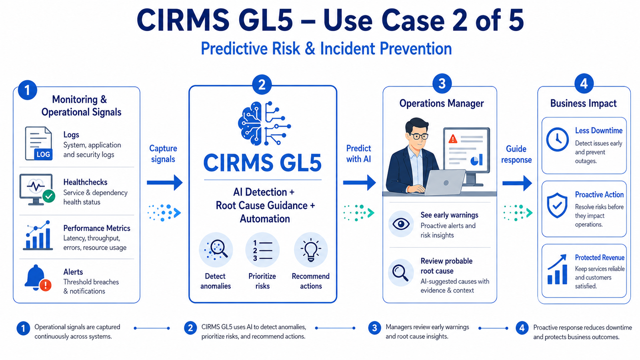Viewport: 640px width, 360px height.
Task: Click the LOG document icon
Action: [x=39, y=143]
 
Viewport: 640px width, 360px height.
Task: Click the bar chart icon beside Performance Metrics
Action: [x=38, y=235]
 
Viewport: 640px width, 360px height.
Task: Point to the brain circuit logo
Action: [x=264, y=124]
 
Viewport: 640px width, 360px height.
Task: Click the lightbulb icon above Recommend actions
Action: [x=310, y=250]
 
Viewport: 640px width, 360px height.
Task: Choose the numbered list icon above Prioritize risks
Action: [x=262, y=250]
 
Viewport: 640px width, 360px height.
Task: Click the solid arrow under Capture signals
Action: [x=165, y=182]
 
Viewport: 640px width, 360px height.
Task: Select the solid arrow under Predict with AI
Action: [x=360, y=182]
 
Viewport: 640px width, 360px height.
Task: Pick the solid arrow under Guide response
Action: [x=517, y=183]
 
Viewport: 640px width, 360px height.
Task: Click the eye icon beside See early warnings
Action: [x=401, y=224]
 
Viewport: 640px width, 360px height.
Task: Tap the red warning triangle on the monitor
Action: [x=453, y=139]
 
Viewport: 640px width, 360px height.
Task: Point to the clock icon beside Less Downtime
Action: [x=558, y=140]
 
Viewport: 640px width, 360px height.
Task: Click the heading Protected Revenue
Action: [x=600, y=258]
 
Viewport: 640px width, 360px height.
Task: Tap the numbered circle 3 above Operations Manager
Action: [x=442, y=84]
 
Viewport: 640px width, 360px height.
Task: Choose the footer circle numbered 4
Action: [x=522, y=328]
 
